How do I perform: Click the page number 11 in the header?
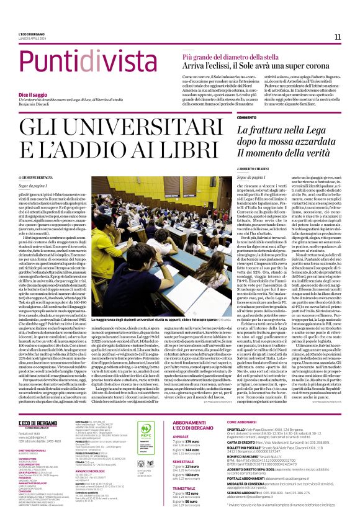point(338,37)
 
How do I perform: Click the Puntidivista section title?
point(86,62)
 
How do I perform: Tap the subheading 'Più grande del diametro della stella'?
point(228,55)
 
